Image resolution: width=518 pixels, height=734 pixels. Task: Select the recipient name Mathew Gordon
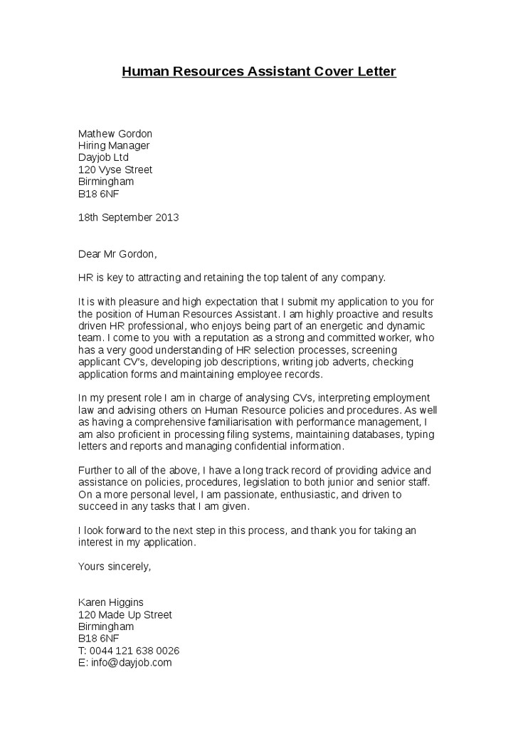[x=115, y=134]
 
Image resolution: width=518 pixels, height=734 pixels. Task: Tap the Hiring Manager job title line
[x=114, y=146]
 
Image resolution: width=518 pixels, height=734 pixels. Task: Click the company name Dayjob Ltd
[x=103, y=158]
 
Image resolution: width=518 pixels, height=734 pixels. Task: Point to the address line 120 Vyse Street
[x=115, y=170]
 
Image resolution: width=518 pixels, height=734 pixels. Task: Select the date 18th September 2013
[x=128, y=217]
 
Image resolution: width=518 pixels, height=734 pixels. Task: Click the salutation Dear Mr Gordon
[x=117, y=253]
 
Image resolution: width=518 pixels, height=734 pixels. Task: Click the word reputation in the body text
[x=216, y=337]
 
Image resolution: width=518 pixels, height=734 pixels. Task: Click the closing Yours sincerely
[x=114, y=567]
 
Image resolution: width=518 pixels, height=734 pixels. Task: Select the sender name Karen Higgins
[x=110, y=602]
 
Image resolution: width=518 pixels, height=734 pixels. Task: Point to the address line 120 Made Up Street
[x=125, y=614]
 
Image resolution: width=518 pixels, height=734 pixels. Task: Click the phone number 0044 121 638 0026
[x=134, y=651]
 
